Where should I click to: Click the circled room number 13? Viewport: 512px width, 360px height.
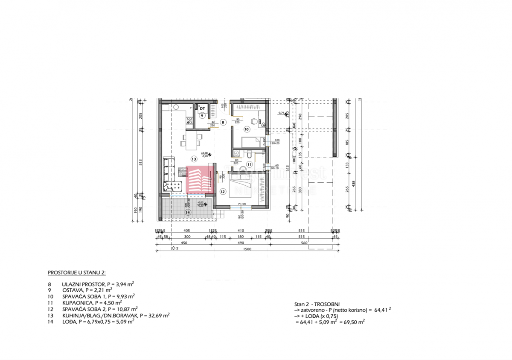click(x=194, y=159)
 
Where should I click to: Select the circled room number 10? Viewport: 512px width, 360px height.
click(x=246, y=129)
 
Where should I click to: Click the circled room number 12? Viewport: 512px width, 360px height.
click(x=222, y=192)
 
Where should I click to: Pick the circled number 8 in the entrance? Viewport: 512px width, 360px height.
click(x=223, y=122)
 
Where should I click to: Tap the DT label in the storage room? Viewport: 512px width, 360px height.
click(x=202, y=108)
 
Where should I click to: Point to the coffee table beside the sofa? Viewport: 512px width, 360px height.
click(x=182, y=172)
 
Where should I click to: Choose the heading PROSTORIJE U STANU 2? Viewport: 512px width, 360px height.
click(x=76, y=272)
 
